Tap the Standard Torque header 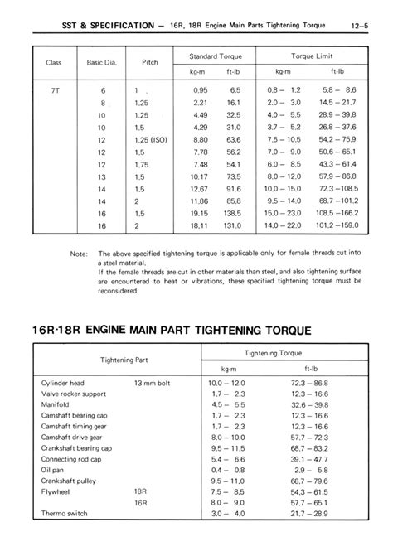pyautogui.click(x=203, y=55)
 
